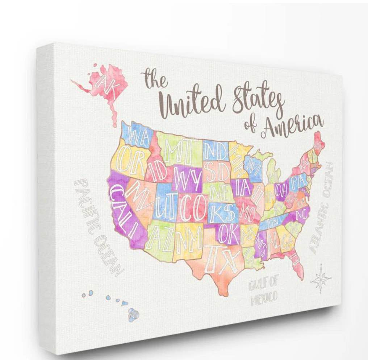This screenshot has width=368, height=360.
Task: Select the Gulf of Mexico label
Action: point(263,292)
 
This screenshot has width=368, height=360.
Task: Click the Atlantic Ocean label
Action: point(321,207)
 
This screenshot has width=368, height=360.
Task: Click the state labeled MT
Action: point(177,152)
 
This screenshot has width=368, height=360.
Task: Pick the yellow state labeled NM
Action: point(189,239)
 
